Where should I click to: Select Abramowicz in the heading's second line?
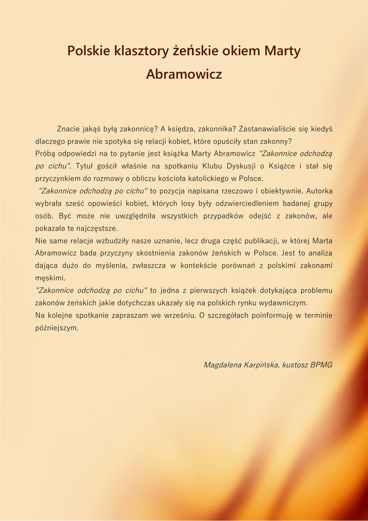tap(184, 74)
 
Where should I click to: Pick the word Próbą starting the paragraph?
tap(46, 153)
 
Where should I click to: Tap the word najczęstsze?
tap(99, 228)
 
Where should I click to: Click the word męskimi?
tap(50, 278)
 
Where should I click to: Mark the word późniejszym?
tap(56, 328)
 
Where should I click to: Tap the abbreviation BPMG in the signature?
tap(321, 365)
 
